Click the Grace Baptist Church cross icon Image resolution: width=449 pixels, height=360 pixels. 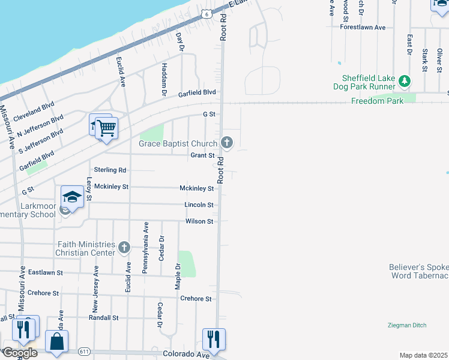pyautogui.click(x=226, y=143)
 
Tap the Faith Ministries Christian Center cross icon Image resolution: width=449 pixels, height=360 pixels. pyautogui.click(x=124, y=247)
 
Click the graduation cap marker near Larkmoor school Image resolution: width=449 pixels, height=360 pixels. pyautogui.click(x=72, y=197)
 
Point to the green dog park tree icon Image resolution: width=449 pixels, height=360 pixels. pyautogui.click(x=405, y=81)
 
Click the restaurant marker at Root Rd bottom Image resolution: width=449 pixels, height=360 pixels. pyautogui.click(x=214, y=340)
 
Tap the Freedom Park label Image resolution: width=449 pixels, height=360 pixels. pyautogui.click(x=377, y=101)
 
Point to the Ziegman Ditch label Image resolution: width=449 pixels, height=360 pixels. pyautogui.click(x=407, y=325)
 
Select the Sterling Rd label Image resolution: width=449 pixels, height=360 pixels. pyautogui.click(x=110, y=170)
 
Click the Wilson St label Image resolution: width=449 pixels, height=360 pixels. pyautogui.click(x=199, y=221)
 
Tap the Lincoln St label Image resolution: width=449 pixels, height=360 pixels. pyautogui.click(x=199, y=205)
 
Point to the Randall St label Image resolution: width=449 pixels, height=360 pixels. pyautogui.click(x=104, y=317)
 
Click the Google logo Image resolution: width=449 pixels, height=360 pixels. pyautogui.click(x=19, y=352)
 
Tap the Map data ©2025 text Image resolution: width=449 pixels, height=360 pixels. pyautogui.click(x=423, y=355)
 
